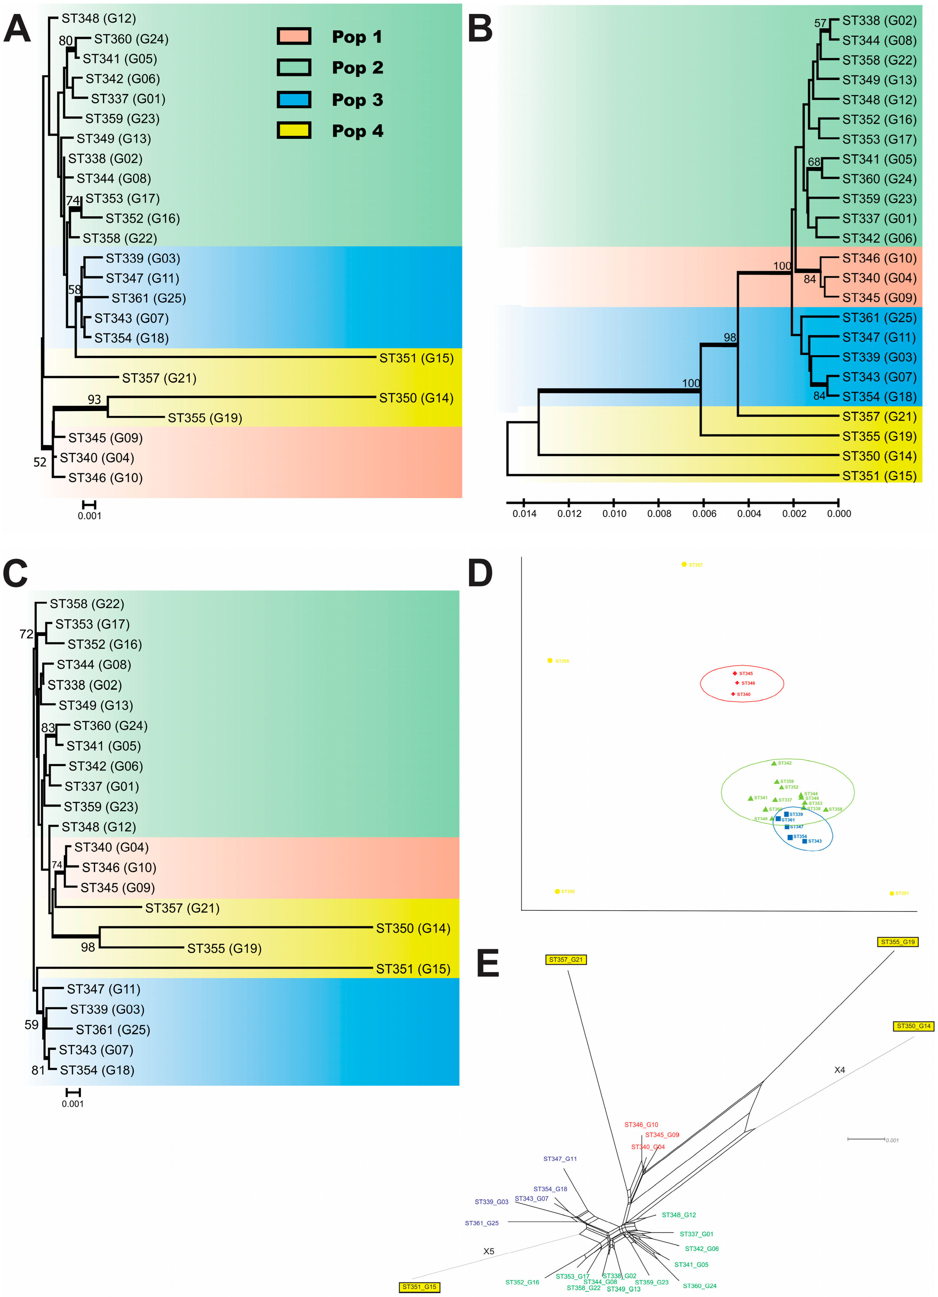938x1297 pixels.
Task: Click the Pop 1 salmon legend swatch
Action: [294, 36]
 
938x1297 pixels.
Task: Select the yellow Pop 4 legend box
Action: [294, 131]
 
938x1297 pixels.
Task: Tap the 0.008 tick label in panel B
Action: [659, 513]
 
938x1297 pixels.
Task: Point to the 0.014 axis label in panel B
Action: [524, 513]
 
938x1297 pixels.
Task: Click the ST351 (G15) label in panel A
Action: [416, 358]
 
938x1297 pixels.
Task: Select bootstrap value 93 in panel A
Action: [94, 399]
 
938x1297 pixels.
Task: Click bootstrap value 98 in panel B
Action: [730, 337]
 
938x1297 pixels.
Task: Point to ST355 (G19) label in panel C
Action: [224, 948]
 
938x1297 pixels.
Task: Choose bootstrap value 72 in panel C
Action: [26, 634]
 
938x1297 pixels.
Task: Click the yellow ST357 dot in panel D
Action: [684, 564]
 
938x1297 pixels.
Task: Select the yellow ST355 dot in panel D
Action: [550, 660]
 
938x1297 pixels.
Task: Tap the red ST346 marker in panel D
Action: [738, 683]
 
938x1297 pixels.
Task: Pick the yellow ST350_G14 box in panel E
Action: [913, 1026]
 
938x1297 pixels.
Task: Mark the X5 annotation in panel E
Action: [489, 1251]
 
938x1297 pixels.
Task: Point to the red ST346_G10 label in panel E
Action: [641, 1124]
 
